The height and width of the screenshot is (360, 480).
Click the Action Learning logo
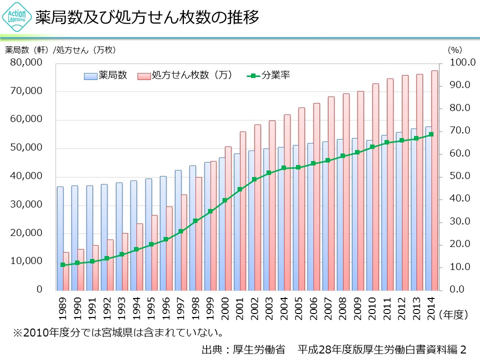click(16, 18)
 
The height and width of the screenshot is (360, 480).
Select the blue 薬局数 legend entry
click(105, 76)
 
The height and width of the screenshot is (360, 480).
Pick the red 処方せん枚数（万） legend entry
click(184, 76)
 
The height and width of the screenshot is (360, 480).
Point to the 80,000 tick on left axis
click(28, 63)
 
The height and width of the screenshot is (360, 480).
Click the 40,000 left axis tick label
click(28, 176)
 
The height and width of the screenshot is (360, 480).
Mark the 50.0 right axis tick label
click(456, 176)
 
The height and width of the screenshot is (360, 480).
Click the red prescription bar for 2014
click(434, 180)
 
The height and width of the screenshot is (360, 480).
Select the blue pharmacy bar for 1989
click(60, 238)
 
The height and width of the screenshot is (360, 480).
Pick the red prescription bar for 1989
click(66, 270)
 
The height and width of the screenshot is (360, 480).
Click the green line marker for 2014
click(431, 134)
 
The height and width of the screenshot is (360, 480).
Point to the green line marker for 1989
click(62, 265)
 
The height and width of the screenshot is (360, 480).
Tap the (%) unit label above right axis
click(455, 49)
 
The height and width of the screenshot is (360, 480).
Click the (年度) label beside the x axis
click(453, 314)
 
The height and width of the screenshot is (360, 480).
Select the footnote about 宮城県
click(117, 332)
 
